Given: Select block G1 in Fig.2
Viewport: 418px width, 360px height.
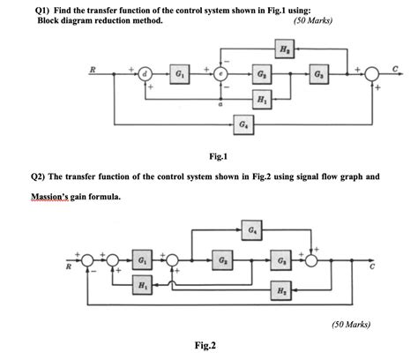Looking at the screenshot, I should [x=143, y=261].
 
